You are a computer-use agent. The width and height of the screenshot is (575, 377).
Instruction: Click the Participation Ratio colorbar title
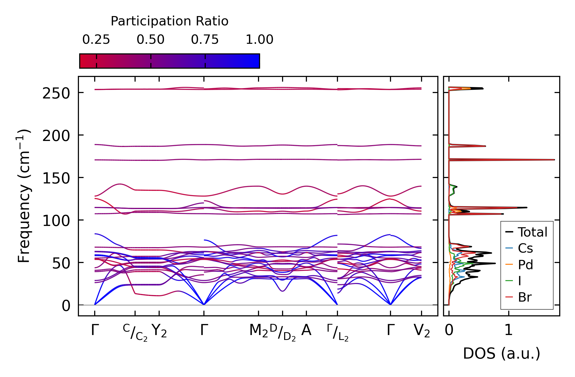169,21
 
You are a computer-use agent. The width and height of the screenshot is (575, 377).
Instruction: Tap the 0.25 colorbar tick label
96,40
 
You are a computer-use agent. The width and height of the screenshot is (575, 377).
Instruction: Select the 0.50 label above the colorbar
151,40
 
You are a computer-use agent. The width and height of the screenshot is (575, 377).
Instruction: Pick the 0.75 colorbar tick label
205,40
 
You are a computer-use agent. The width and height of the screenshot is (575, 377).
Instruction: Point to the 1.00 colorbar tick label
259,40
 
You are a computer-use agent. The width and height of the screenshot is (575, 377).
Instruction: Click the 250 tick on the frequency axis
56,93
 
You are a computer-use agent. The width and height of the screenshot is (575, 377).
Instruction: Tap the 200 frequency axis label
56,136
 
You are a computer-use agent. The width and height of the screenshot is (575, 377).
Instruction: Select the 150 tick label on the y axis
56,178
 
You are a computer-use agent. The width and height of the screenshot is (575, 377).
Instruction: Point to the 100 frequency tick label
56,221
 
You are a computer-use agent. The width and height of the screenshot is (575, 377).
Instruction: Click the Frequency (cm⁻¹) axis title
24,196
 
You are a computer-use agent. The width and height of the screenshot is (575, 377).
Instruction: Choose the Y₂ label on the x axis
159,331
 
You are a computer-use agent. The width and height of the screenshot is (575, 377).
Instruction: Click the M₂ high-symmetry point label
258,331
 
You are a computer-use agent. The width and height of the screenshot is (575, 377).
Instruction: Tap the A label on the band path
306,330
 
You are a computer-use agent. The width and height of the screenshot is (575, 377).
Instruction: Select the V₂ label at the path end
422,331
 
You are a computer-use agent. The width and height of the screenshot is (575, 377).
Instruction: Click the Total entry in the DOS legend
532,232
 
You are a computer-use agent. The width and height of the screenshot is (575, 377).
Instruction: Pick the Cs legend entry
525,248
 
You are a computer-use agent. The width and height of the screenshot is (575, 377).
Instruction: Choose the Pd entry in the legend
525,265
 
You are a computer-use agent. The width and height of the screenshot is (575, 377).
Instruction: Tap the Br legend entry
525,297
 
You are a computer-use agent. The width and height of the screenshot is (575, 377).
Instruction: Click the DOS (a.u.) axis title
502,354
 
